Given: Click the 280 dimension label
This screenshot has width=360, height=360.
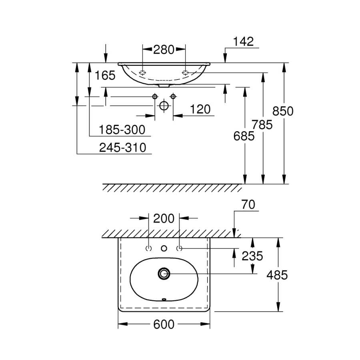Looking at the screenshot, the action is pos(164,50).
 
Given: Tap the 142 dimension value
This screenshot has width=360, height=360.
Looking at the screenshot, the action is pos(243,42).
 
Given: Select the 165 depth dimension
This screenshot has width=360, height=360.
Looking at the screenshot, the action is pos(105,75).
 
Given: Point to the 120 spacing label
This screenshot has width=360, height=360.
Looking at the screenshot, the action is pos(200,109).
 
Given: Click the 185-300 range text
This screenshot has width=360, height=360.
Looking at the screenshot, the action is pos(122,130).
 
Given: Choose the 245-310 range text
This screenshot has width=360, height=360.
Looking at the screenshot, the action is pos(123,147).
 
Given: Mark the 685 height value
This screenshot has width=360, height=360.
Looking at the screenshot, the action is pos(244,136).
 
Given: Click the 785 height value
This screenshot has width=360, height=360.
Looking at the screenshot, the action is pos(262,125).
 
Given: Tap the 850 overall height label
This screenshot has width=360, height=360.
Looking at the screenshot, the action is pos(283,111).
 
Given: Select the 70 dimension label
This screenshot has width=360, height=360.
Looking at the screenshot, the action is pos(248,204).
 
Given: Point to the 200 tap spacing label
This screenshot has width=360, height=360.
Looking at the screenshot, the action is pos(164,218).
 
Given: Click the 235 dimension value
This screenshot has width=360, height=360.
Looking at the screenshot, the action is pos(252,256).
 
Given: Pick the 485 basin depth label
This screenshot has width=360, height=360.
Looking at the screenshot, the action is pos(277,275).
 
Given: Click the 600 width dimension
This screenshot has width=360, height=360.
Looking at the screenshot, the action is pos(164,324).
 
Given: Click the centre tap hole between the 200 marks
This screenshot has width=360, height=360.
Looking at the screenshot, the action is pos(164,248).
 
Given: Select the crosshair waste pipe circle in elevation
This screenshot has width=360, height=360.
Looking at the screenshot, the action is pos(164,106).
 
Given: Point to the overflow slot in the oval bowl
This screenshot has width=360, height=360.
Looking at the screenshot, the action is pos(164,299).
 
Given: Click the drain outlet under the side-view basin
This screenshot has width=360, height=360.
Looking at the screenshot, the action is pos(164,86).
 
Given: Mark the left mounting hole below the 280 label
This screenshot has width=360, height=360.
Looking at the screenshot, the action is pos(142,73).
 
